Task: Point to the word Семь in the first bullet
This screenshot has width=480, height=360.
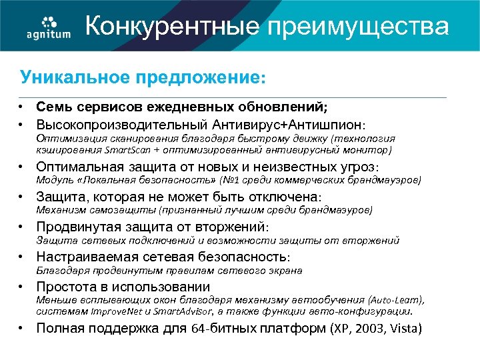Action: tap(50, 107)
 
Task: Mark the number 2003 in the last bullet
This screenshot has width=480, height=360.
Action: tap(371, 328)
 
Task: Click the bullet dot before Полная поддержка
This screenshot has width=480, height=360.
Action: tap(23, 327)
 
